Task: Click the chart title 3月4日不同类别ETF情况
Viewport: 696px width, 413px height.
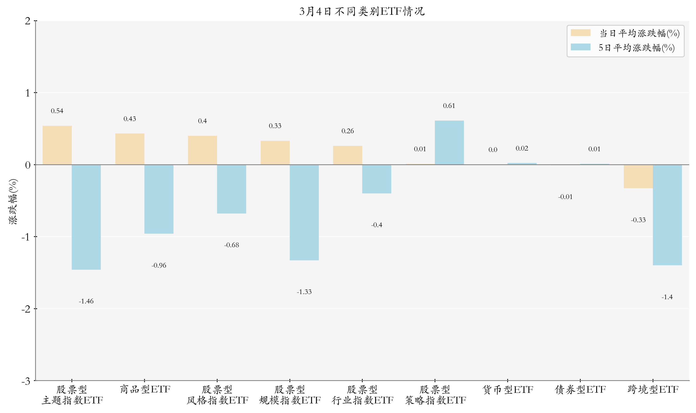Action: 362,11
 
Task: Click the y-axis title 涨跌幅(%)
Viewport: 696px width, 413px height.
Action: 13,202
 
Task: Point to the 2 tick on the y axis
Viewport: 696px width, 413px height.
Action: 28,21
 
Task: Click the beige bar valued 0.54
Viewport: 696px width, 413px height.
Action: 57,145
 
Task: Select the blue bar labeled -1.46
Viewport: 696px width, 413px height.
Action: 86,217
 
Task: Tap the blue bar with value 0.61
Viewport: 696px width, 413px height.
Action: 449,143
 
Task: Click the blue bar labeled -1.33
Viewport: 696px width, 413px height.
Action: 304,212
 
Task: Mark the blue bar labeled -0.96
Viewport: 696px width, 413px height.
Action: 159,199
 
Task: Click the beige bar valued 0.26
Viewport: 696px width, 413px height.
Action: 347,155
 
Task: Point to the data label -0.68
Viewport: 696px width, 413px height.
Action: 232,245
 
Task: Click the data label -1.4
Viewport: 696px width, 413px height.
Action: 667,297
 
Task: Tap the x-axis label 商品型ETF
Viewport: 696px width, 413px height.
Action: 145,389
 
